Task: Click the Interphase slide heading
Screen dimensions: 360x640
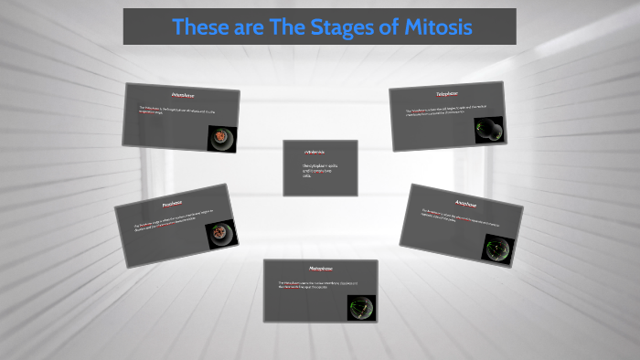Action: [183, 95]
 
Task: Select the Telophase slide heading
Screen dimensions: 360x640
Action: [447, 93]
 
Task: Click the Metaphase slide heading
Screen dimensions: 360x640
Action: [319, 269]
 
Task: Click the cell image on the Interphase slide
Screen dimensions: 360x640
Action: [219, 138]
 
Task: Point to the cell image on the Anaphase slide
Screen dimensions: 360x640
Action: [498, 249]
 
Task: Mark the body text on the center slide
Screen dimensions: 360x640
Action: [315, 171]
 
